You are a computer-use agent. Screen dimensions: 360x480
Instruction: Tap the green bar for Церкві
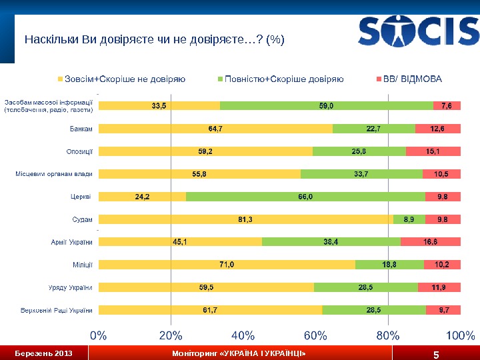tap(305, 197)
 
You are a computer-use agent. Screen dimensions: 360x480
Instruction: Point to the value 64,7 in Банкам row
tap(215, 128)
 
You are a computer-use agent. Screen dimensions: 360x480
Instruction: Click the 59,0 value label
tap(326, 105)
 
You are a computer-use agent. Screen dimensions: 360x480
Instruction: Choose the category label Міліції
tap(82, 265)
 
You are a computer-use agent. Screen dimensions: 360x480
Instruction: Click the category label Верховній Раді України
tap(58, 310)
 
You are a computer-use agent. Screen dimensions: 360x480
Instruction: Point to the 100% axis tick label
tap(460, 335)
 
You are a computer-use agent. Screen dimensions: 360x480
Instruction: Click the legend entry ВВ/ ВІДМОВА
tap(412, 79)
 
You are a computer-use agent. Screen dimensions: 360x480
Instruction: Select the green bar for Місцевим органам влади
tap(361, 174)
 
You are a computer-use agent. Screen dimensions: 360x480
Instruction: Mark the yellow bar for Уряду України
tap(206, 287)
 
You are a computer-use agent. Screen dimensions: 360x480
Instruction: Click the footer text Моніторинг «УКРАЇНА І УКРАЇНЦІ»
tap(239, 353)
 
